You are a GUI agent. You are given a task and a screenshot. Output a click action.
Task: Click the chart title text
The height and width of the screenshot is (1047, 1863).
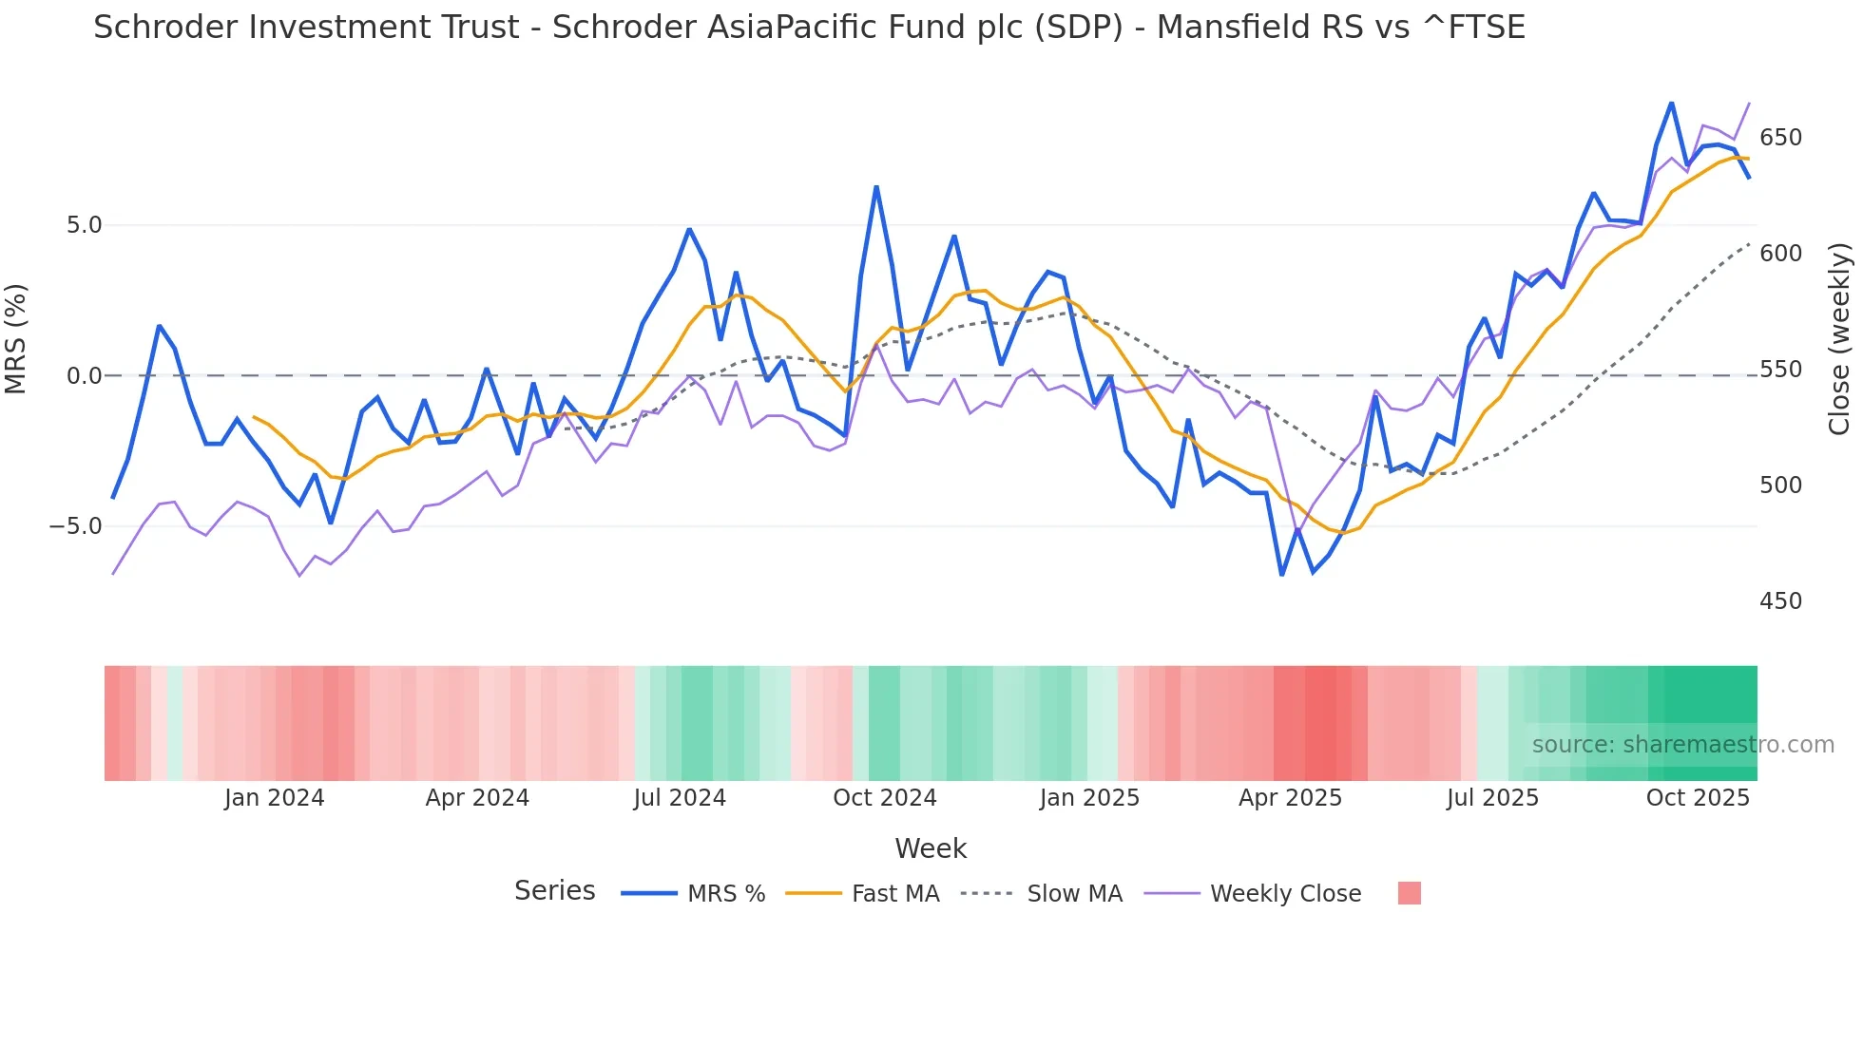click(x=809, y=28)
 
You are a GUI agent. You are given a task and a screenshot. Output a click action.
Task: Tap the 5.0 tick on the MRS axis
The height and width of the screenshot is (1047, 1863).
click(x=84, y=225)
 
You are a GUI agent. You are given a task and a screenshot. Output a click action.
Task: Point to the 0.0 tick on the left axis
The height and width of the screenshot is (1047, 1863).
click(x=84, y=375)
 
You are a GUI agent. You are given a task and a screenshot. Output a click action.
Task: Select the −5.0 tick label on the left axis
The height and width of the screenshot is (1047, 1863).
click(x=76, y=525)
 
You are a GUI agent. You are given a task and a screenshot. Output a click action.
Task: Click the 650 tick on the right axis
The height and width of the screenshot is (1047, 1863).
click(x=1780, y=138)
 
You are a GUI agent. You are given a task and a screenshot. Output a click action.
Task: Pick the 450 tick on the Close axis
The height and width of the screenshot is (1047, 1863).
click(x=1780, y=600)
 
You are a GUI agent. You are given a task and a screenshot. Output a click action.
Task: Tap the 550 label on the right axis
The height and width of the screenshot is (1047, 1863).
click(x=1780, y=369)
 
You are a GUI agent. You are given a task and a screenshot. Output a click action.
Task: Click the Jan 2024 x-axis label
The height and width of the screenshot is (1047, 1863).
click(x=274, y=798)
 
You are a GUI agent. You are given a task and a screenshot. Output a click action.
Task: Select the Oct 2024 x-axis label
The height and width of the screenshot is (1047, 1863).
click(x=884, y=798)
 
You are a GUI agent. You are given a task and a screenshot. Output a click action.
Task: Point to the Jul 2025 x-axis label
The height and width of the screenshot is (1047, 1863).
click(x=1492, y=798)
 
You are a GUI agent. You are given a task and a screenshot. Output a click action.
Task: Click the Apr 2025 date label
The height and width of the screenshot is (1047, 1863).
click(x=1290, y=798)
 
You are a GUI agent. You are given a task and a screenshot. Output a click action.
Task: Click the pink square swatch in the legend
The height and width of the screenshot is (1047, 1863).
click(x=1410, y=893)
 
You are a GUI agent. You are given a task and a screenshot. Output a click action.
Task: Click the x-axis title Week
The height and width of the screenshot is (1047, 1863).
click(x=931, y=848)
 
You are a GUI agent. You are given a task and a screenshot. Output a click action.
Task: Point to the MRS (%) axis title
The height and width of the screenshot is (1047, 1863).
click(x=16, y=338)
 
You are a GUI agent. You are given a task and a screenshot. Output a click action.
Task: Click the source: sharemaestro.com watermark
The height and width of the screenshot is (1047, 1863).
click(x=1682, y=745)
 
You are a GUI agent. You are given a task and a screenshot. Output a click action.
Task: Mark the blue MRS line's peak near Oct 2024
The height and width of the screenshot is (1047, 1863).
click(x=876, y=187)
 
